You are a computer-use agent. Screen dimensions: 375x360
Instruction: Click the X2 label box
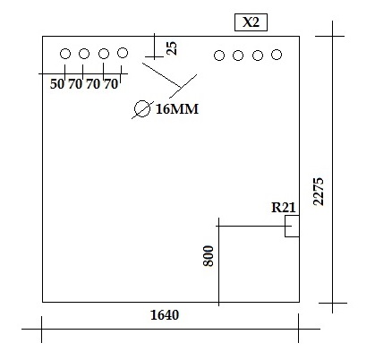click(x=251, y=22)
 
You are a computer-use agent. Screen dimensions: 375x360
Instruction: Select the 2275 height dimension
click(x=319, y=192)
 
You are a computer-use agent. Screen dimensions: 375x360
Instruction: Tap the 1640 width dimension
click(x=165, y=315)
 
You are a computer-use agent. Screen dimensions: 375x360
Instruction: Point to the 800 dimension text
click(x=209, y=256)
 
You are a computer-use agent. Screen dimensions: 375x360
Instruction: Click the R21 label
click(x=284, y=208)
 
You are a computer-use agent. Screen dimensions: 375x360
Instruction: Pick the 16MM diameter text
click(x=177, y=109)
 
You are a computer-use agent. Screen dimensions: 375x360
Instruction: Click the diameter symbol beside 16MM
click(x=142, y=109)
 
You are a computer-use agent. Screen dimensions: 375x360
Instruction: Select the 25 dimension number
click(x=172, y=48)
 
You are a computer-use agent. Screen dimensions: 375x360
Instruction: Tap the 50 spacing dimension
click(x=57, y=84)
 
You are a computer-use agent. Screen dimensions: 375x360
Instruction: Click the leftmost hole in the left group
click(x=65, y=54)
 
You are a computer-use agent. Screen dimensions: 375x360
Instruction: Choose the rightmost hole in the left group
click(x=123, y=53)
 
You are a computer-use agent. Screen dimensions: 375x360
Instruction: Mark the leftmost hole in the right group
click(x=219, y=56)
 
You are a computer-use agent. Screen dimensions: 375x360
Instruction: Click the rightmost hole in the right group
click(x=277, y=55)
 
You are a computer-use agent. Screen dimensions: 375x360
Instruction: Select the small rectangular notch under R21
click(x=292, y=227)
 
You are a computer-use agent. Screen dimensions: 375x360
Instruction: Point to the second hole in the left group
click(x=84, y=54)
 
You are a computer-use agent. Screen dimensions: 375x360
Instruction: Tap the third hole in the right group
click(x=258, y=56)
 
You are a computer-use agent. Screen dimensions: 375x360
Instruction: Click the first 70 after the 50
click(x=75, y=84)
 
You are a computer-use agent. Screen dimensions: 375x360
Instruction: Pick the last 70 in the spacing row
click(x=111, y=84)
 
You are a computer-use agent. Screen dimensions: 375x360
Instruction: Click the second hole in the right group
click(x=238, y=56)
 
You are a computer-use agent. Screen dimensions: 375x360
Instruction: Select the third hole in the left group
click(x=104, y=54)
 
